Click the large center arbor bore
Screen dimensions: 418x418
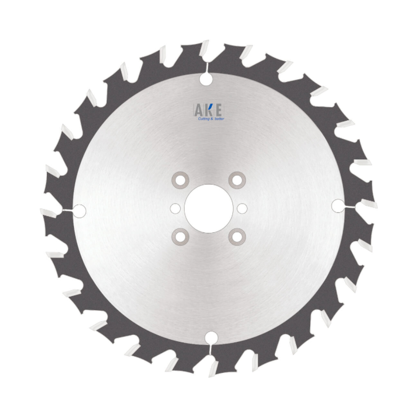(209, 208)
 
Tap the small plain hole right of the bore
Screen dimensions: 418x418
(242, 208)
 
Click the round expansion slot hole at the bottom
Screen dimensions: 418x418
(212, 337)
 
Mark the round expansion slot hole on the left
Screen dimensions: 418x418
(79, 211)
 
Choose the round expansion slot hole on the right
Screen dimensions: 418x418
(338, 205)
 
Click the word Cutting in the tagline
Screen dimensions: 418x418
(204, 119)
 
